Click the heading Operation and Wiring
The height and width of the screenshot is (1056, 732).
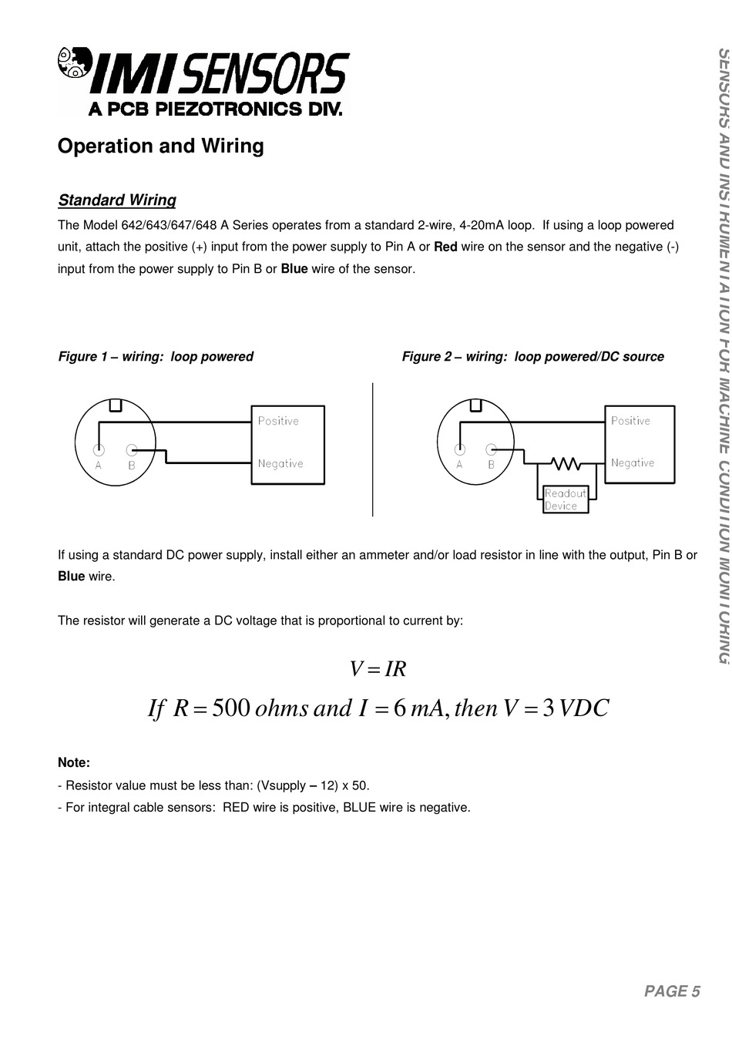coord(161,146)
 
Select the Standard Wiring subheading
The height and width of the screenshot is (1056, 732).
coord(117,200)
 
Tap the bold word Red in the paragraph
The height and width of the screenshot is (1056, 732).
coord(446,247)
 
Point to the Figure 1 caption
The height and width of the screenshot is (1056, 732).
coord(156,357)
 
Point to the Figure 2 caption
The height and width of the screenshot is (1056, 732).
coord(532,357)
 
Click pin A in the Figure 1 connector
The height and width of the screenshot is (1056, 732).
coord(99,450)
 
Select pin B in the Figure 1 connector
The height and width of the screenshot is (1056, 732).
coord(132,450)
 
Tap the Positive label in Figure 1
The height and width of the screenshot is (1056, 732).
coord(278,421)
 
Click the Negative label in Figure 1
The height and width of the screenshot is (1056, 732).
coord(280,463)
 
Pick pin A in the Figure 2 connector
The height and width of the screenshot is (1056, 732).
coord(459,450)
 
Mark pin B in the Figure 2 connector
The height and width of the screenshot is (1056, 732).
coord(492,450)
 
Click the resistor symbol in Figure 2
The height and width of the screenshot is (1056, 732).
coord(566,463)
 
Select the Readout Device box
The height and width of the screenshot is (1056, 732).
coord(566,499)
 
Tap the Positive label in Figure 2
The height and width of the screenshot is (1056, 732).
coord(630,421)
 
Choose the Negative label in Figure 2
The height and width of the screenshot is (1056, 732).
coord(633,462)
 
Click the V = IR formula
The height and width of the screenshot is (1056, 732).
coord(378,669)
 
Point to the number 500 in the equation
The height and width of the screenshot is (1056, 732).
coord(230,708)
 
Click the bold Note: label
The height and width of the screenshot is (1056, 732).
coord(74,763)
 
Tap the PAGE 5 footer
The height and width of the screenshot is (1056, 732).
coord(672,991)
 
